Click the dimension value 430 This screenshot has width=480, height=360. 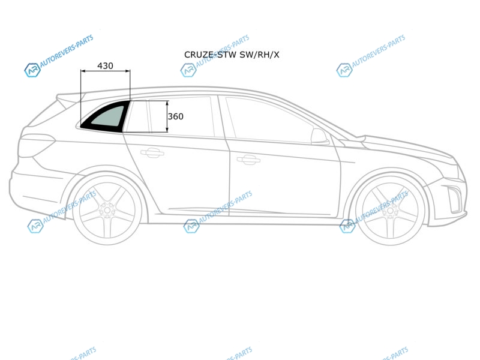pyautogui.click(x=105, y=66)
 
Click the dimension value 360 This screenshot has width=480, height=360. pyautogui.click(x=175, y=116)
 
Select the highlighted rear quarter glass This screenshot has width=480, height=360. pyautogui.click(x=104, y=116)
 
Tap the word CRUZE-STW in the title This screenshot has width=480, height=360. pyautogui.click(x=211, y=55)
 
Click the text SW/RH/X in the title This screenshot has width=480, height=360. pyautogui.click(x=259, y=55)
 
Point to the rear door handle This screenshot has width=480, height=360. pyautogui.click(x=152, y=152)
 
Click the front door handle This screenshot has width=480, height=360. pyautogui.click(x=248, y=160)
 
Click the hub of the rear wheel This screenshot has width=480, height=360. pyautogui.click(x=107, y=211)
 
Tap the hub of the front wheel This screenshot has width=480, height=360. pyautogui.click(x=390, y=211)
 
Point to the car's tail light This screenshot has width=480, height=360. pyautogui.click(x=36, y=145)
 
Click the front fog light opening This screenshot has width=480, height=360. pyautogui.click(x=454, y=199)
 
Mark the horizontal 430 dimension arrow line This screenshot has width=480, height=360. pyautogui.click(x=106, y=71)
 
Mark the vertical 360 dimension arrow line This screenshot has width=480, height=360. pyautogui.click(x=167, y=116)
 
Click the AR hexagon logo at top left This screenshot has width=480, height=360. pyautogui.click(x=32, y=70)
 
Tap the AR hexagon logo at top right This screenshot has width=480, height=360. pyautogui.click(x=344, y=70)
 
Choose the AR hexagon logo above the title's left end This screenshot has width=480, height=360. pyautogui.click(x=188, y=70)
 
